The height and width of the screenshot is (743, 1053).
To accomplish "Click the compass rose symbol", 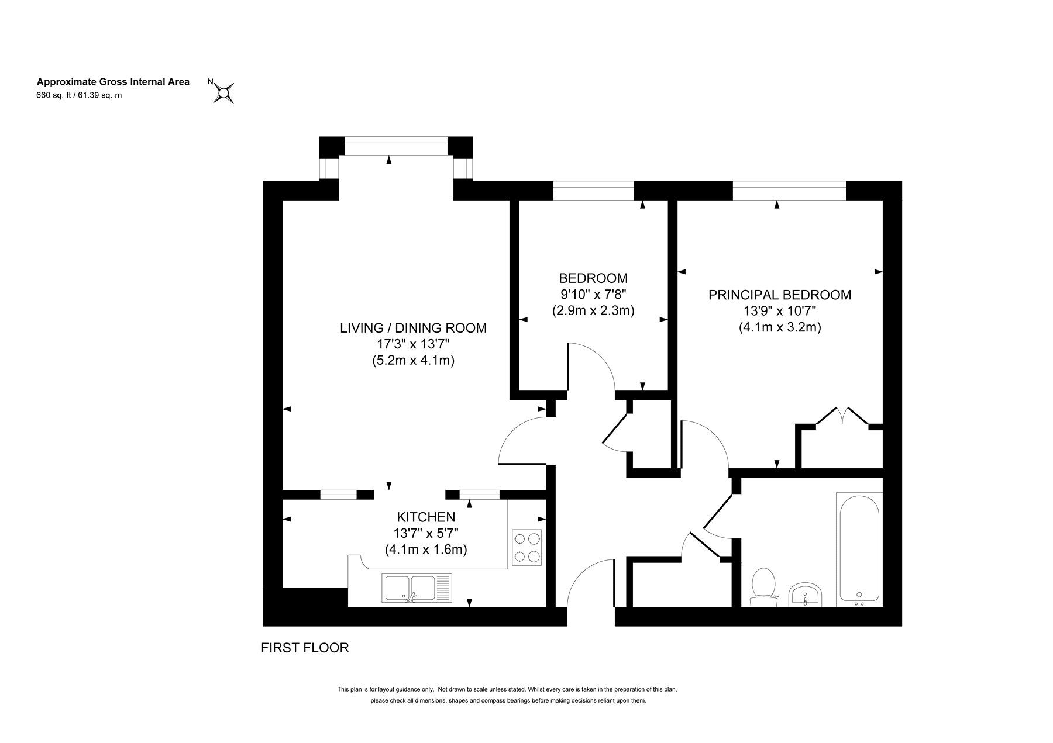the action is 223,92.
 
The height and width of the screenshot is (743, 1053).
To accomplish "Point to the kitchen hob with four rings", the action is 526,547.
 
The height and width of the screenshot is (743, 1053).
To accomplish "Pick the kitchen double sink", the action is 417,588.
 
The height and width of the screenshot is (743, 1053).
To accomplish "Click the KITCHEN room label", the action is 426,517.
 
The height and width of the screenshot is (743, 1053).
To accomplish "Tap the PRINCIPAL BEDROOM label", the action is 780,295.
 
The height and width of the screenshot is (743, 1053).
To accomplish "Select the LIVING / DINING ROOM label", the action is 413,328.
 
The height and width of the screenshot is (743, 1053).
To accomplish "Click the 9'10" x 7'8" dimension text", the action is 593,294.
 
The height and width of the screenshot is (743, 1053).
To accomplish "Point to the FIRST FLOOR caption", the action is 305,648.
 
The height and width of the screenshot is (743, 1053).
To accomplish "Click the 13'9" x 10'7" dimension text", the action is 780,311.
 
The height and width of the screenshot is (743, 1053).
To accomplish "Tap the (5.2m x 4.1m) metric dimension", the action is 413,361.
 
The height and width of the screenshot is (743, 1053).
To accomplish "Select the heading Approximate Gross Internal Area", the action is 113,82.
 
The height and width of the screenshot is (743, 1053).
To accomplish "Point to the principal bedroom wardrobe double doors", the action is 842,416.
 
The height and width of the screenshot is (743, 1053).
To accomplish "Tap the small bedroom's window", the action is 593,191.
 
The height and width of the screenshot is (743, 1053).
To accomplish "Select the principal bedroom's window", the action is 789,191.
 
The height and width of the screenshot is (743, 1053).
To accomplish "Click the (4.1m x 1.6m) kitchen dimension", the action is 426,550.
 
